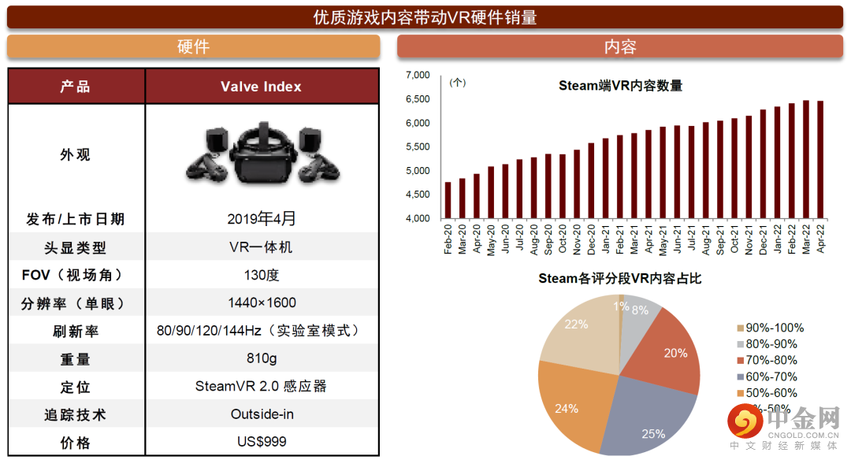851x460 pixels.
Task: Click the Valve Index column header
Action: (x=261, y=87)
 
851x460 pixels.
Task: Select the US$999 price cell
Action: (x=262, y=442)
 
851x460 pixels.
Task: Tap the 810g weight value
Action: (x=262, y=358)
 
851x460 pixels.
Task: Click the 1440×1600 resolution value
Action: (x=262, y=302)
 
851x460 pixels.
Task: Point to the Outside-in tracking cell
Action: (x=262, y=414)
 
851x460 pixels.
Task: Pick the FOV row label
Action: (x=76, y=275)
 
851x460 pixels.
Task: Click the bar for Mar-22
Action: (x=805, y=159)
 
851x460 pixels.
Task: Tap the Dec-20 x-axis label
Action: (x=591, y=238)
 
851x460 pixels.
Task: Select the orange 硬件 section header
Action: (x=193, y=46)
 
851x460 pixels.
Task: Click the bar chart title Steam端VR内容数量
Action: (x=620, y=86)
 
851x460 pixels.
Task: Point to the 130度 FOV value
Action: (x=262, y=275)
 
